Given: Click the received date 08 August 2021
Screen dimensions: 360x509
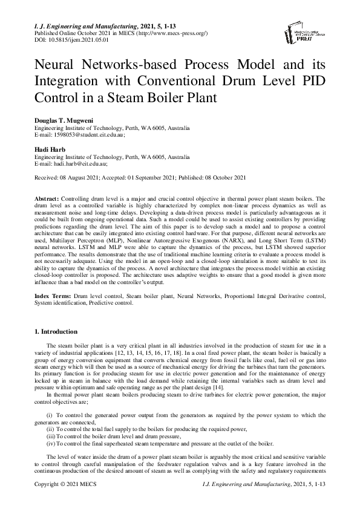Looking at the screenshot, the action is coord(81,177).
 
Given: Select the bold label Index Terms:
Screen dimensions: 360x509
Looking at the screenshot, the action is coord(53,297).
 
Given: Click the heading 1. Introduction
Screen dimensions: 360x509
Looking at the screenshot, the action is coord(56,332).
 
